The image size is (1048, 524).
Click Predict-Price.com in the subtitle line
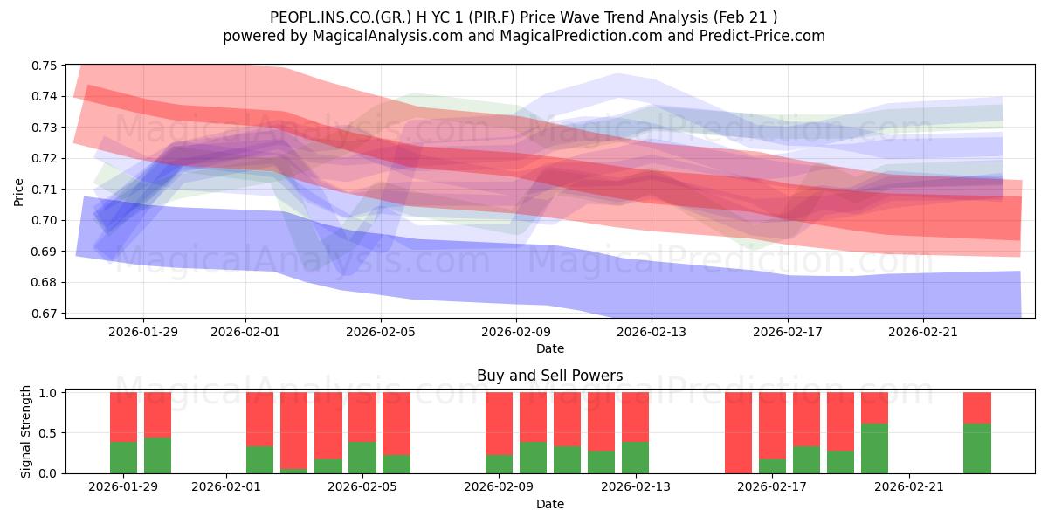pyautogui.click(x=756, y=36)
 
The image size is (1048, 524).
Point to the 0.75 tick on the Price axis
pyautogui.click(x=45, y=65)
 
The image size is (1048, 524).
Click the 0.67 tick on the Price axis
pyautogui.click(x=45, y=314)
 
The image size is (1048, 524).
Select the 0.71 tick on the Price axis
pyautogui.click(x=45, y=190)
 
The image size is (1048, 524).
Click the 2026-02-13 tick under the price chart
pyautogui.click(x=652, y=332)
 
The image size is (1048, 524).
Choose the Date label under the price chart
pyautogui.click(x=550, y=348)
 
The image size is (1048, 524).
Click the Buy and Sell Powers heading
pyautogui.click(x=550, y=376)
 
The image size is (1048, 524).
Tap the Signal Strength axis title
pyautogui.click(x=26, y=432)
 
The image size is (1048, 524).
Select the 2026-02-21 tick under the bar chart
pyautogui.click(x=909, y=487)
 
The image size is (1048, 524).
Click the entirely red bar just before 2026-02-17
pyautogui.click(x=738, y=432)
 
